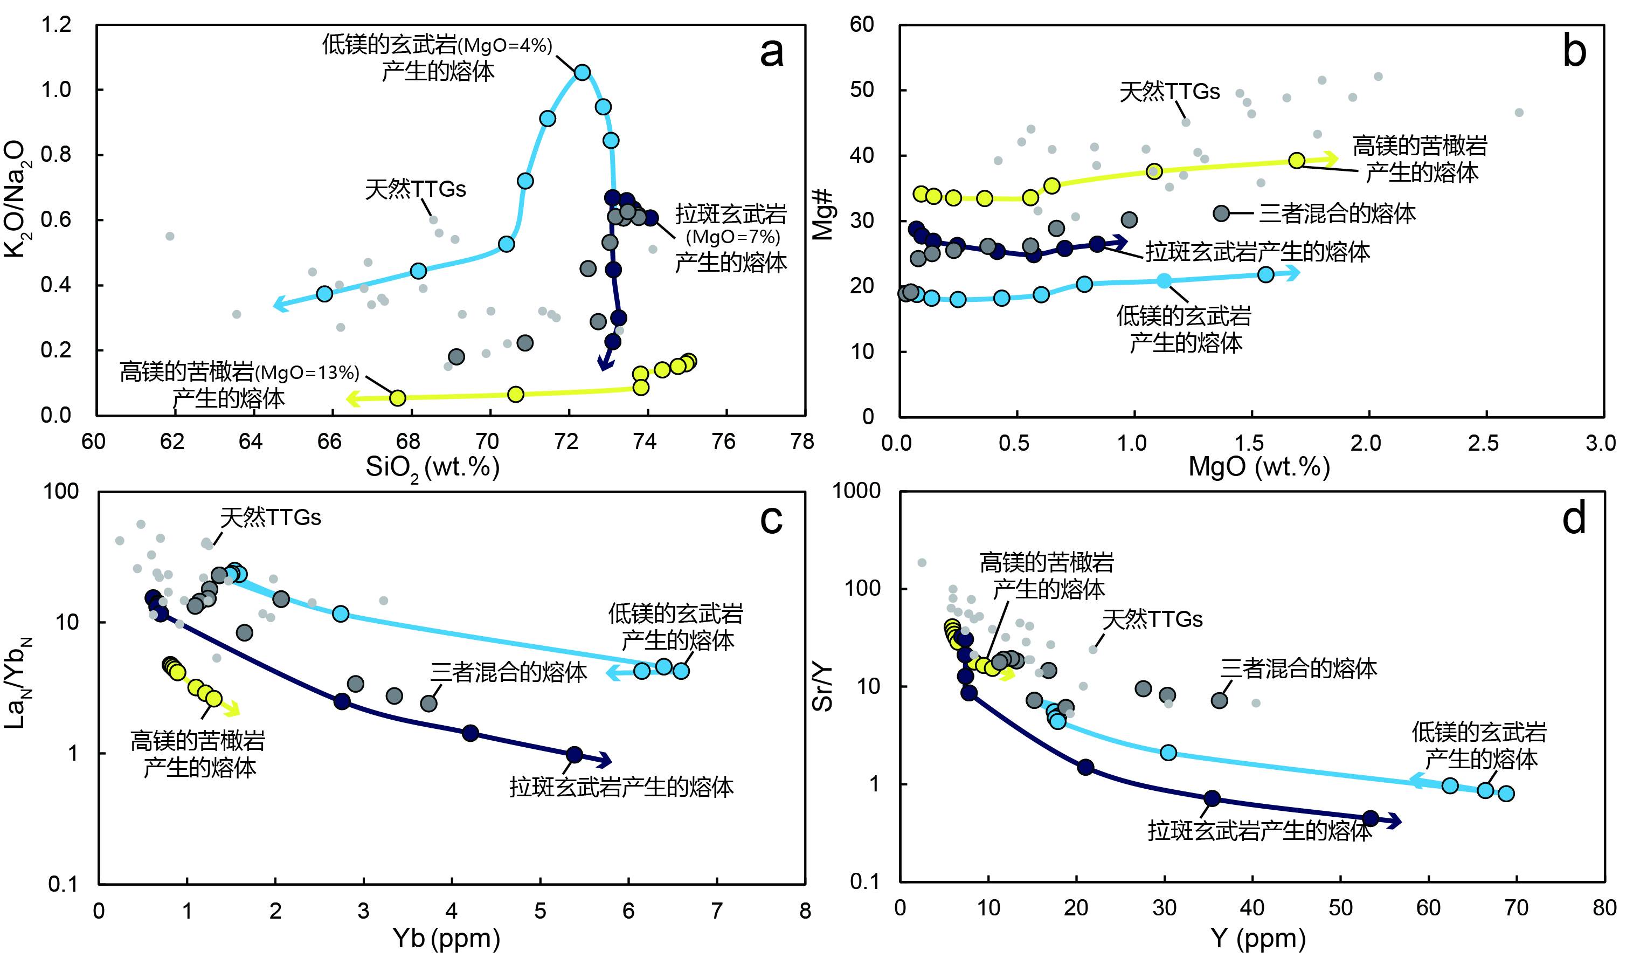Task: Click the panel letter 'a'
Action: pyautogui.click(x=771, y=52)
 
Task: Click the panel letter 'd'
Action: pyautogui.click(x=1574, y=519)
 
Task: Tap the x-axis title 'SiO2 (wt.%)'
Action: pyautogui.click(x=433, y=467)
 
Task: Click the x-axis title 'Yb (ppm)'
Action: pyautogui.click(x=446, y=938)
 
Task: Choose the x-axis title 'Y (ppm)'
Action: pyautogui.click(x=1258, y=938)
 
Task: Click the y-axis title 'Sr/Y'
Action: pyautogui.click(x=823, y=686)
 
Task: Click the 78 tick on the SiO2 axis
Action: pyautogui.click(x=802, y=442)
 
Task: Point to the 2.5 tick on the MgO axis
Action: pyautogui.click(x=1484, y=443)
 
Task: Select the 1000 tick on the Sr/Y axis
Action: pyautogui.click(x=856, y=491)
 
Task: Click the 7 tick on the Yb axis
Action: pyautogui.click(x=717, y=910)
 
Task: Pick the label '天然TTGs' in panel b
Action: pyautogui.click(x=1169, y=92)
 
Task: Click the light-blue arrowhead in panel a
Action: pyautogui.click(x=280, y=304)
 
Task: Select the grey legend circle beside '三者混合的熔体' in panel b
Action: pyautogui.click(x=1221, y=213)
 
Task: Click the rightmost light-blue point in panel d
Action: pyautogui.click(x=1506, y=794)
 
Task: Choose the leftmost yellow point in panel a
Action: pyautogui.click(x=397, y=397)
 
